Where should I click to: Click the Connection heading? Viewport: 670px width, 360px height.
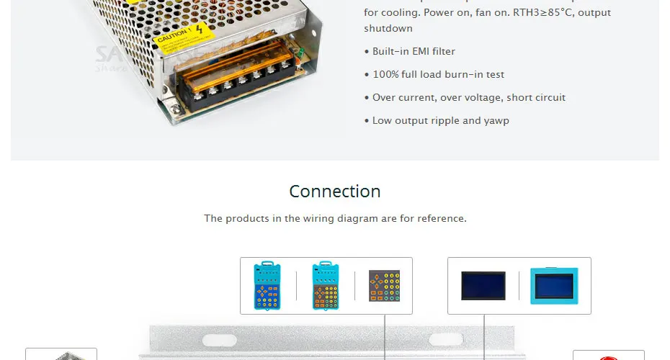tap(335, 192)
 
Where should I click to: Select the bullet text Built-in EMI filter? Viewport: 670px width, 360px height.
tap(414, 52)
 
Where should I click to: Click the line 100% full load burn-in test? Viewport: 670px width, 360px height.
tap(438, 75)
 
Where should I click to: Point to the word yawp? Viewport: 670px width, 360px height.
tap(496, 121)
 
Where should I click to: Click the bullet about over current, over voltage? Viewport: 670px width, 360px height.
tap(468, 98)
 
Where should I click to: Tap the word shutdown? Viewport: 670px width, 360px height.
tap(388, 29)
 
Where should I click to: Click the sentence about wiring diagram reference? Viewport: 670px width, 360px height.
tap(335, 218)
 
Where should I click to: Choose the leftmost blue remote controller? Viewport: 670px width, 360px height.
tap(267, 286)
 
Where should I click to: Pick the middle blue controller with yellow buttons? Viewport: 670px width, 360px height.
tap(326, 286)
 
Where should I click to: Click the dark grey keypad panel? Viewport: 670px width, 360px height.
tap(384, 286)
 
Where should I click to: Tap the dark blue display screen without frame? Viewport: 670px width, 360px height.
tap(483, 286)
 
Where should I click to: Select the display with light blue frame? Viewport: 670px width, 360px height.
tap(554, 286)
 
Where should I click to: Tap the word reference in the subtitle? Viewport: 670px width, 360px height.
tap(441, 218)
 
